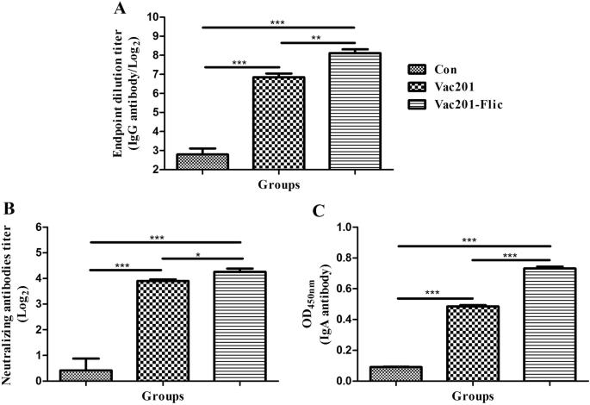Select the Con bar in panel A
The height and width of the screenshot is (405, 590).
pyautogui.click(x=202, y=162)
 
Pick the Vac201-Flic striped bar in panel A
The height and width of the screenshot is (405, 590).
pyautogui.click(x=355, y=111)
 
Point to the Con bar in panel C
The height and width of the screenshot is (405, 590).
pyautogui.click(x=395, y=374)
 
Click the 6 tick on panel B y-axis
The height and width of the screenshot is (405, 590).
pyautogui.click(x=44, y=227)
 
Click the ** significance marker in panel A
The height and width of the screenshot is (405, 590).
pyautogui.click(x=317, y=38)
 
